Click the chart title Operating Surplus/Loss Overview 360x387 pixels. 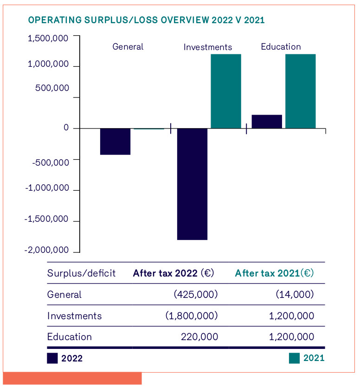(x=147, y=20)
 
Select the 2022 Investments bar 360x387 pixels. (x=192, y=184)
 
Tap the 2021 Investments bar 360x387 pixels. (x=226, y=91)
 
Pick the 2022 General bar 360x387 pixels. (x=116, y=141)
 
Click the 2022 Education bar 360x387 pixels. (x=267, y=121)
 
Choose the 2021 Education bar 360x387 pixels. (x=300, y=91)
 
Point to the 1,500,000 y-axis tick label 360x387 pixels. (x=48, y=38)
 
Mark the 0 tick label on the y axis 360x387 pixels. (x=66, y=128)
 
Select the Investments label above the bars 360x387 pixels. (x=208, y=47)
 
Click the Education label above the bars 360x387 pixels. (x=281, y=47)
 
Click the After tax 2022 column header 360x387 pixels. (x=173, y=273)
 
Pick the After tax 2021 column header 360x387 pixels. (x=274, y=273)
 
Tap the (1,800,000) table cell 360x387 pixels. (x=192, y=316)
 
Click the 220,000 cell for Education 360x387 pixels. (x=199, y=337)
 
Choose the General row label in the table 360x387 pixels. (x=64, y=295)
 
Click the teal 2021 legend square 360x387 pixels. (x=294, y=358)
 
